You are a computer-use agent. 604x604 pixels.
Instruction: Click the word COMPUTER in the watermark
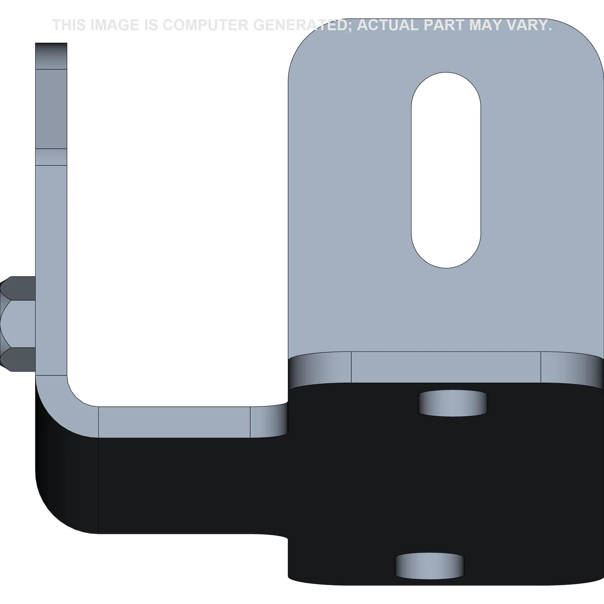(205, 25)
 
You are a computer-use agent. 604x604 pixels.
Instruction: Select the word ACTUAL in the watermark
(388, 25)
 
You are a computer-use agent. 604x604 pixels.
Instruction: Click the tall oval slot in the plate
(446, 170)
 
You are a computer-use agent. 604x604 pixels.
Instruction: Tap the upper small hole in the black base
(453, 403)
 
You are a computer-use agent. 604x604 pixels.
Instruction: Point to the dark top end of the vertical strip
(51, 55)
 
